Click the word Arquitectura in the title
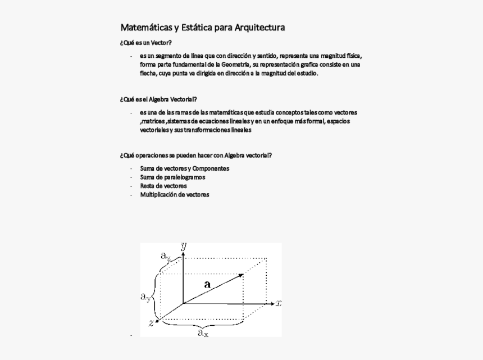click(x=259, y=28)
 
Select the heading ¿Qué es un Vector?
click(x=145, y=43)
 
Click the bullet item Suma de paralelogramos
click(x=172, y=177)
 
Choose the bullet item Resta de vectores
click(x=163, y=186)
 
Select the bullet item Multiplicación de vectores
click(x=174, y=194)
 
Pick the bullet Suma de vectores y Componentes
click(x=184, y=168)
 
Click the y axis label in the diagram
click(x=184, y=246)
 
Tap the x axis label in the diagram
click(x=279, y=303)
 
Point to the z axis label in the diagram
click(x=151, y=322)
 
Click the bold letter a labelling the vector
click(x=207, y=285)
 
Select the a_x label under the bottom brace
click(x=202, y=333)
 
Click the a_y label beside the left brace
click(x=145, y=296)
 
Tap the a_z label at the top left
click(x=166, y=256)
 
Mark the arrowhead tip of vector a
click(x=242, y=275)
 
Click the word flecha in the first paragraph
click(x=148, y=73)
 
